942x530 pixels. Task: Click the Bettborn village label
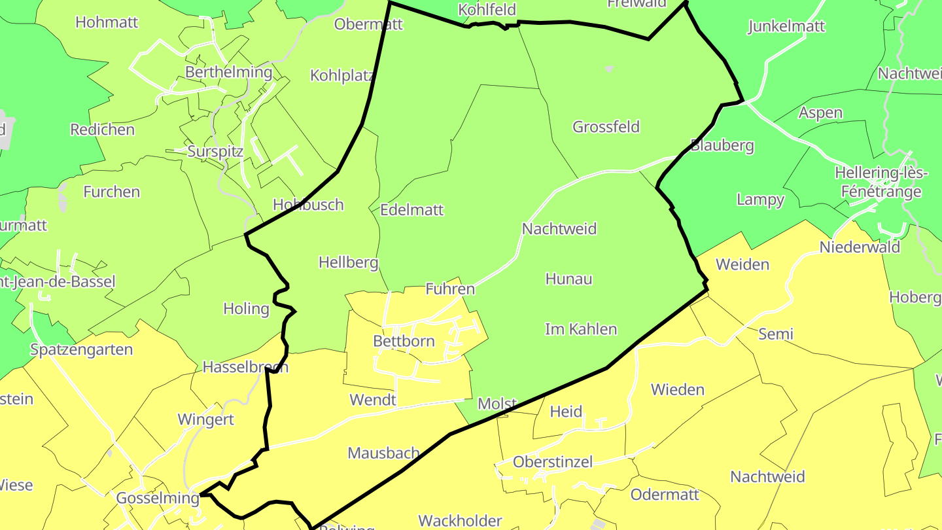click(x=404, y=341)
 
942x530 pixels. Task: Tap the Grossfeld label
click(x=606, y=127)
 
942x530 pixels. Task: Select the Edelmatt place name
click(x=411, y=210)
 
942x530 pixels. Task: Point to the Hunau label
click(x=568, y=279)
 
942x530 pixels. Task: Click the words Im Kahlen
click(x=581, y=329)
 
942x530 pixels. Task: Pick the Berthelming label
click(x=228, y=72)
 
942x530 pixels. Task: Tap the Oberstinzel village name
click(x=553, y=462)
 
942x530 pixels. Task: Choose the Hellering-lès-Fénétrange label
click(x=881, y=183)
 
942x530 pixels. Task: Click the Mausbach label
click(x=383, y=453)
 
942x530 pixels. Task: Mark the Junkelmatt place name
click(x=786, y=27)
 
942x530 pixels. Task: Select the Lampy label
click(x=760, y=200)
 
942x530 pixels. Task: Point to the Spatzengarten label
click(x=82, y=349)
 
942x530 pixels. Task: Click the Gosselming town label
click(x=158, y=499)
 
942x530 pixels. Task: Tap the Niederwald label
click(x=860, y=247)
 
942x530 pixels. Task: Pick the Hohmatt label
click(x=107, y=22)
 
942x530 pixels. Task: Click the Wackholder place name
click(x=460, y=521)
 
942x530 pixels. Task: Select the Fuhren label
click(x=450, y=289)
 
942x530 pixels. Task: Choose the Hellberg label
click(x=348, y=263)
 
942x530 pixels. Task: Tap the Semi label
click(x=776, y=334)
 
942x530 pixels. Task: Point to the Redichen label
click(x=103, y=130)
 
